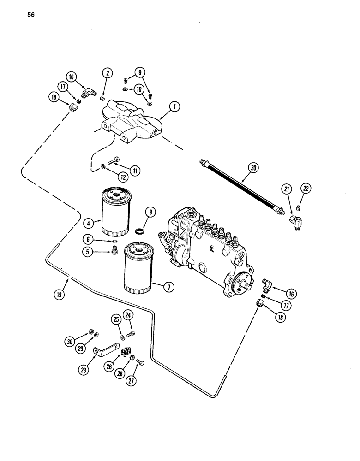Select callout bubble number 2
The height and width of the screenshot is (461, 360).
107,72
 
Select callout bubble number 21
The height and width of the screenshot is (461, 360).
287,188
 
